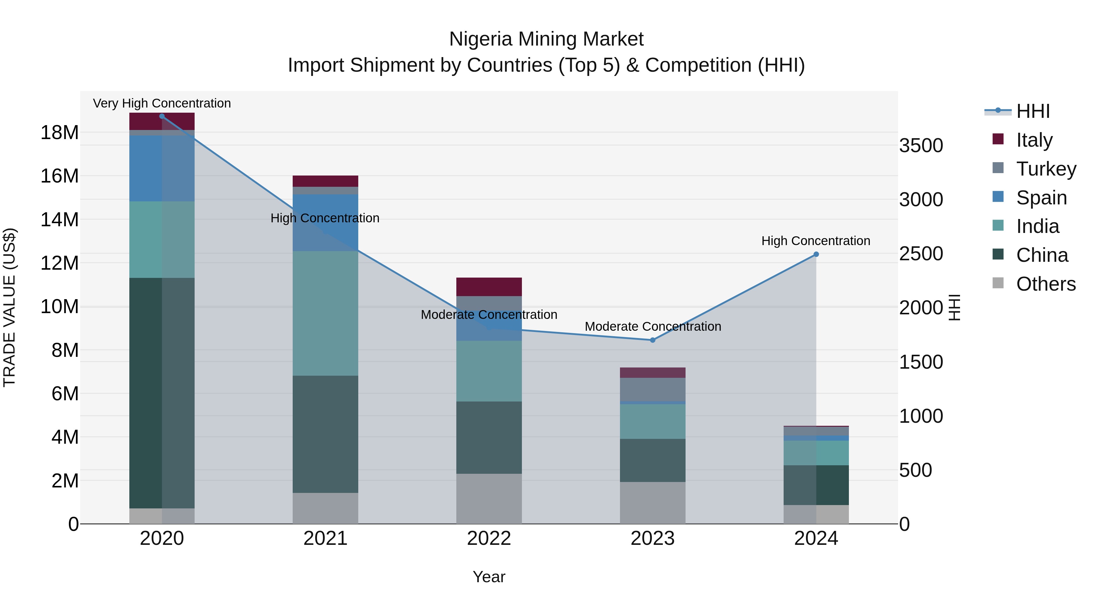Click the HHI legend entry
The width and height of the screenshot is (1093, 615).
[x=1032, y=111]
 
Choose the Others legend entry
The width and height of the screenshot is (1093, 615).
[x=1045, y=284]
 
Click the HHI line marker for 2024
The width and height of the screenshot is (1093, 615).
[x=816, y=254]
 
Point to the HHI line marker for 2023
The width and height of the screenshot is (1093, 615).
[x=652, y=340]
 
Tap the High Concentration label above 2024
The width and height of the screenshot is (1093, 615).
[x=815, y=241]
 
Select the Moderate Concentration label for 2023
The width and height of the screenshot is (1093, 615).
[x=652, y=326]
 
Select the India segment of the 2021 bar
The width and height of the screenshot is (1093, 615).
[x=325, y=313]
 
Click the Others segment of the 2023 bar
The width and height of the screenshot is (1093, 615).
[x=652, y=503]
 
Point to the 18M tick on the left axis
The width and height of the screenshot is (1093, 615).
[x=60, y=133]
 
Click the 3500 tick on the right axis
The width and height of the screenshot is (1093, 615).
[x=921, y=145]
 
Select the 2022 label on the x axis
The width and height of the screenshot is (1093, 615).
[x=489, y=538]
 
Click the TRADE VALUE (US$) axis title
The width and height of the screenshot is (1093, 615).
[x=9, y=307]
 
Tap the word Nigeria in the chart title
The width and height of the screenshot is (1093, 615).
[x=480, y=39]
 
